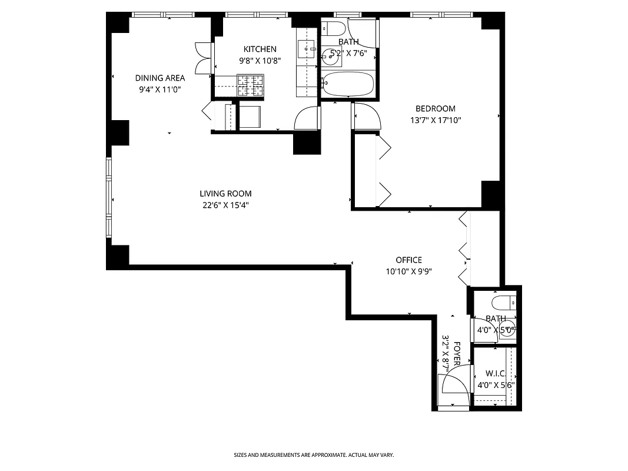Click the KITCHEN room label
(x=260, y=49)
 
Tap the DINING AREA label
(x=160, y=78)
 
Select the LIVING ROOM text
(x=225, y=194)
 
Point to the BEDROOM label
(x=435, y=109)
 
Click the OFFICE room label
(x=408, y=260)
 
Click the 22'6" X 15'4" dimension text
(x=225, y=205)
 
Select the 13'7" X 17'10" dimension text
(x=435, y=121)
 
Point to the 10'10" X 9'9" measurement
(x=408, y=271)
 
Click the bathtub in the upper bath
(x=348, y=84)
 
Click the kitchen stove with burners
(x=250, y=85)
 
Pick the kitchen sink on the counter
(x=305, y=49)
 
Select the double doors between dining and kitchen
(x=203, y=59)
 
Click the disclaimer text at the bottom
(x=314, y=455)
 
